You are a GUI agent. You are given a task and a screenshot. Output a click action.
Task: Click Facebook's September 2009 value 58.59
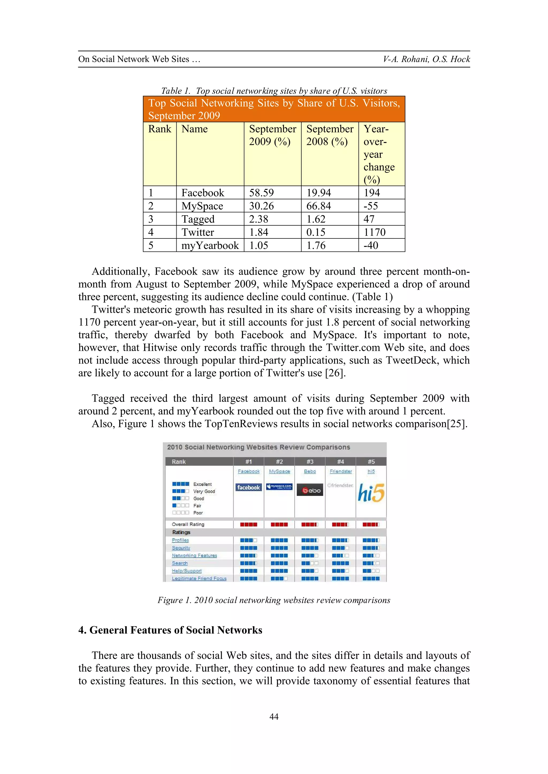coord(261,193)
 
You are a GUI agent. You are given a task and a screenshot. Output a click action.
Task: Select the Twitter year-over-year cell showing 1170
coord(374,232)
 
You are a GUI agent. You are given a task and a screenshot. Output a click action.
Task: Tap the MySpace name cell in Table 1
coord(202,206)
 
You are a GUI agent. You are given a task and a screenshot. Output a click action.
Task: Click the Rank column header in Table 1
coord(159,129)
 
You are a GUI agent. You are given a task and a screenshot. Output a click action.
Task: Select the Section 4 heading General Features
coord(170,630)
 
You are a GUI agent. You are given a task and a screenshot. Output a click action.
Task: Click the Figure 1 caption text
coord(274,600)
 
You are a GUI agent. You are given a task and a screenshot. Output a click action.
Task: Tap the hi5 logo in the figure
coord(371,493)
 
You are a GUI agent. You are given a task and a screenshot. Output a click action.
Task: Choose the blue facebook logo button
coord(248,487)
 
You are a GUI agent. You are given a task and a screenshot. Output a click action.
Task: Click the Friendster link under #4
coord(340,471)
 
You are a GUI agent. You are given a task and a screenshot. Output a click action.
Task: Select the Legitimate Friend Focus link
coord(199,579)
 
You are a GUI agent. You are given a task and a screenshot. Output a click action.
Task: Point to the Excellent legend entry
coord(202,484)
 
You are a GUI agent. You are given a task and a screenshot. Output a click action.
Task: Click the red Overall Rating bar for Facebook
coord(248,525)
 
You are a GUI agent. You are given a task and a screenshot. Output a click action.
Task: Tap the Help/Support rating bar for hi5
coord(371,571)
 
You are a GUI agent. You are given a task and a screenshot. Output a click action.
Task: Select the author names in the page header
coord(426,59)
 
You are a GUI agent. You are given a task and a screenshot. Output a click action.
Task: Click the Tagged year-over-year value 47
coord(369,219)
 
